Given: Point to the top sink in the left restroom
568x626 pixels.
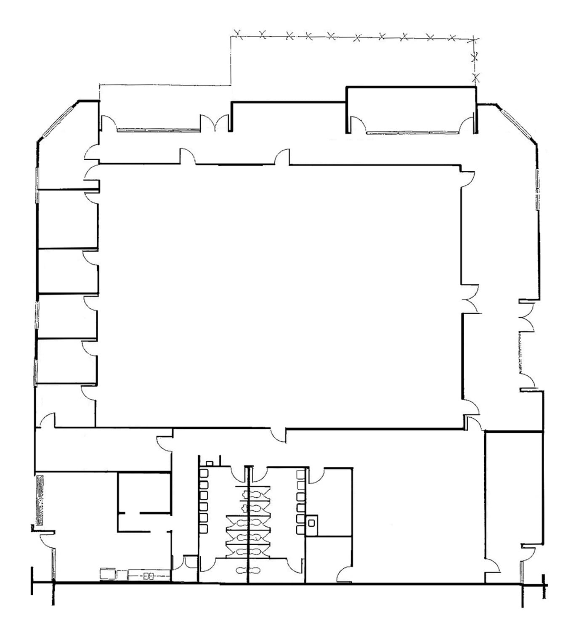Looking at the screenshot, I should [204, 473].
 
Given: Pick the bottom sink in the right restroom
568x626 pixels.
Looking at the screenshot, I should [300, 529].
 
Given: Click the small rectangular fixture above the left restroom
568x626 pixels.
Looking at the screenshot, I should [209, 463].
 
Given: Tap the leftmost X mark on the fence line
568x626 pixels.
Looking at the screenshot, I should [238, 34].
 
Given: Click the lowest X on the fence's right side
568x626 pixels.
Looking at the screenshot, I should [476, 77].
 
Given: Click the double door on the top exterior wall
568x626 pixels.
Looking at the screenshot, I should [215, 123].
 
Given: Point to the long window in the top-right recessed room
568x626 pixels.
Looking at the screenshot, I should [412, 133].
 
